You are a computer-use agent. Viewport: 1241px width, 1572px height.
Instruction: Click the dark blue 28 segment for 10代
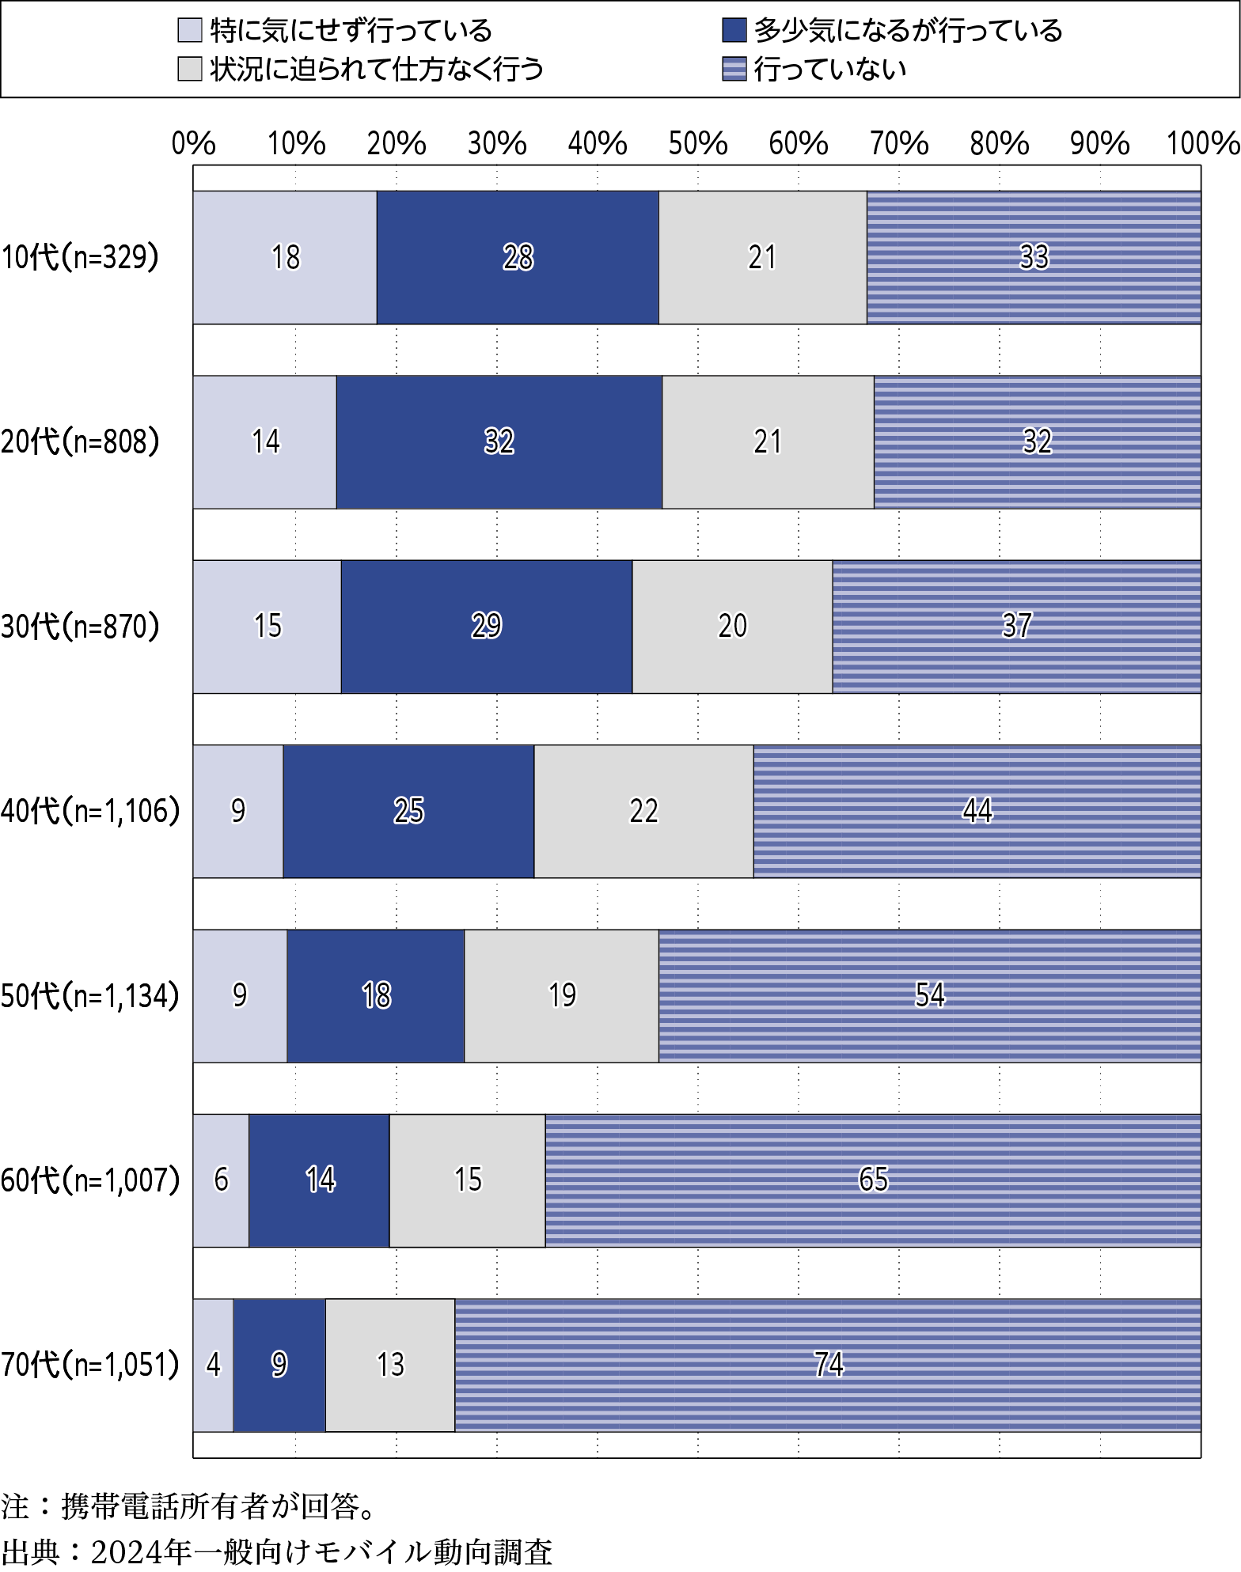[518, 258]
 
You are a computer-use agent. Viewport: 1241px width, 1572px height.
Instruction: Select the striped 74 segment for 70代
[828, 1365]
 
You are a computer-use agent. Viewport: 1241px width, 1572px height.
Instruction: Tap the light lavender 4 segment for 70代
[213, 1365]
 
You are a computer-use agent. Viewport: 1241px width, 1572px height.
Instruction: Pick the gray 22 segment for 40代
[643, 811]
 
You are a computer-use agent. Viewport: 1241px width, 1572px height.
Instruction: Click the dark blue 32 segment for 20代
[499, 441]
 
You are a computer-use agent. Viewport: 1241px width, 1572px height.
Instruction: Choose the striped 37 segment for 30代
[1016, 627]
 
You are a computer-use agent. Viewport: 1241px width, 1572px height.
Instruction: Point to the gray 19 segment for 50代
[561, 995]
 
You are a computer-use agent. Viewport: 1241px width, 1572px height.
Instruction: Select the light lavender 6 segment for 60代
[221, 1180]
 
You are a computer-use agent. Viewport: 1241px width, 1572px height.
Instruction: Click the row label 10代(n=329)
[80, 258]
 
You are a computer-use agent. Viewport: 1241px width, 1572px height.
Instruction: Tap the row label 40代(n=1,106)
[90, 811]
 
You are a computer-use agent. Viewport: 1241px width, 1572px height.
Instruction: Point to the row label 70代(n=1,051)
[90, 1365]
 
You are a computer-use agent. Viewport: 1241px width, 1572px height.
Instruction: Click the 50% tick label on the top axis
[697, 144]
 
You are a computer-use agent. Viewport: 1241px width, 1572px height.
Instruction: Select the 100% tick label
[1202, 144]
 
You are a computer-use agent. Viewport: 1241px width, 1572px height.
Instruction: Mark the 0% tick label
[193, 144]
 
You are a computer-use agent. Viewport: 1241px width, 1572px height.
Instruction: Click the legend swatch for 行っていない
[734, 70]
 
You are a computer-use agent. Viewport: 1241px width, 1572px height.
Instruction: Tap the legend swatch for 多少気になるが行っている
[734, 31]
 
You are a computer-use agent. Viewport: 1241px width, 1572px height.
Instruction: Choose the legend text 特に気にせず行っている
[351, 31]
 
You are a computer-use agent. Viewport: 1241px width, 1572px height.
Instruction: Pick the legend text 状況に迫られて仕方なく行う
[377, 70]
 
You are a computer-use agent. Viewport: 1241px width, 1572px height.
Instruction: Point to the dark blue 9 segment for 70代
[279, 1365]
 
